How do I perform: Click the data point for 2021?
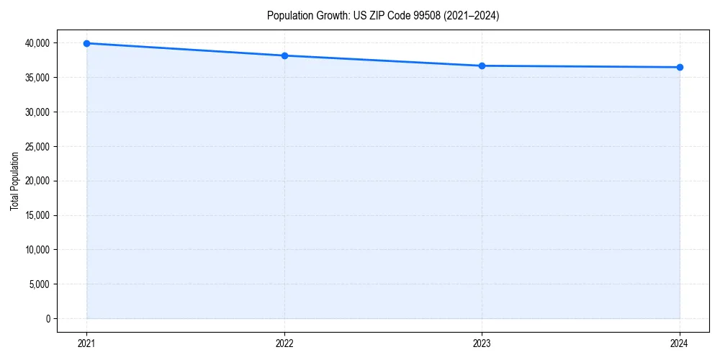[x=86, y=43]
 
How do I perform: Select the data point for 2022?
[x=284, y=55]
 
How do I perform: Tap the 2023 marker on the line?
[x=482, y=66]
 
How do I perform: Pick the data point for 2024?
[x=680, y=67]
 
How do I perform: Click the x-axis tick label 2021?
[x=86, y=343]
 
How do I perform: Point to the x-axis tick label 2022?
[x=284, y=343]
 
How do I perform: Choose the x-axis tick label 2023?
[x=482, y=343]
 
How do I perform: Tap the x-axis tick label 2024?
[x=680, y=343]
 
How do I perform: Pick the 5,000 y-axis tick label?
[x=40, y=284]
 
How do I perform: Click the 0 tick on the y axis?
[x=48, y=319]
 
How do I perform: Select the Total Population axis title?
[x=14, y=181]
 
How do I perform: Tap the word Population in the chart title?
[x=289, y=16]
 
